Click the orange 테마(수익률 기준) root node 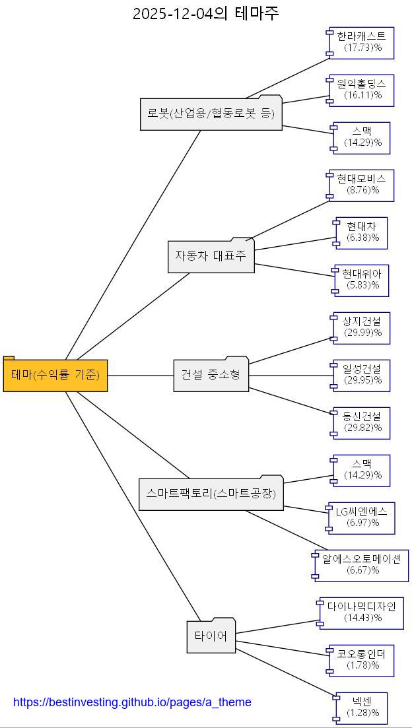55,376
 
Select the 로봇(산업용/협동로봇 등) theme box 211,114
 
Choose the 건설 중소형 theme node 211,376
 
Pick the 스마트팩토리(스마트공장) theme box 211,494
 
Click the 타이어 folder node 211,637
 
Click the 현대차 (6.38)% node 362,233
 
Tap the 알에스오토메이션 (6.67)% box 362,566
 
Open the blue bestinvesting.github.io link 132,702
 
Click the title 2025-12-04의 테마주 205,13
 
